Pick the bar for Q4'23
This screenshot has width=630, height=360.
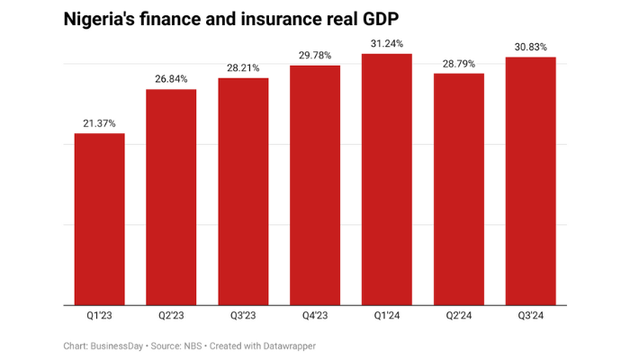click(x=315, y=184)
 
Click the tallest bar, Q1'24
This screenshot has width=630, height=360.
click(x=387, y=179)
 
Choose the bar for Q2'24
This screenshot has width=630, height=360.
click(x=459, y=188)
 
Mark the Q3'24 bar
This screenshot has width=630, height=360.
click(x=531, y=180)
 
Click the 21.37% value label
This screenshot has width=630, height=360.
click(x=99, y=123)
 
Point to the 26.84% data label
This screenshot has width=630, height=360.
click(x=171, y=79)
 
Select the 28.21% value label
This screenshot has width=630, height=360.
click(x=243, y=67)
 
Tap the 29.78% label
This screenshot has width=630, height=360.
click(x=315, y=56)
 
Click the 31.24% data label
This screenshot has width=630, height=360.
click(x=387, y=43)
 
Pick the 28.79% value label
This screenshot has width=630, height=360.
click(x=459, y=63)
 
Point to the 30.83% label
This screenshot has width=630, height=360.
click(x=531, y=47)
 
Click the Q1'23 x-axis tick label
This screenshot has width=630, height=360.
click(x=99, y=315)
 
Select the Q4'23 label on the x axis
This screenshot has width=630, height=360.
click(x=315, y=315)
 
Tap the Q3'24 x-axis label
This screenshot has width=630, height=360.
click(x=531, y=315)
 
